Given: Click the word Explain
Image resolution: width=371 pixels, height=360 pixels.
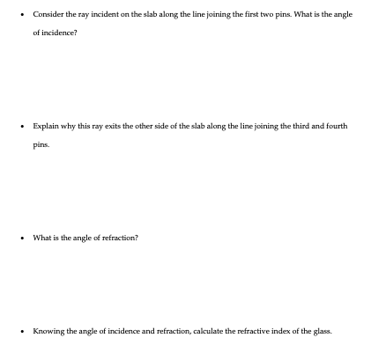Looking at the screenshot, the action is click(x=45, y=126).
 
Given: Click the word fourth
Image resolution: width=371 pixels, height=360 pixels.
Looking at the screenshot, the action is click(x=333, y=126).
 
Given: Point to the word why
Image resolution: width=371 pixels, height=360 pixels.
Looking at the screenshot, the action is click(x=68, y=126).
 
